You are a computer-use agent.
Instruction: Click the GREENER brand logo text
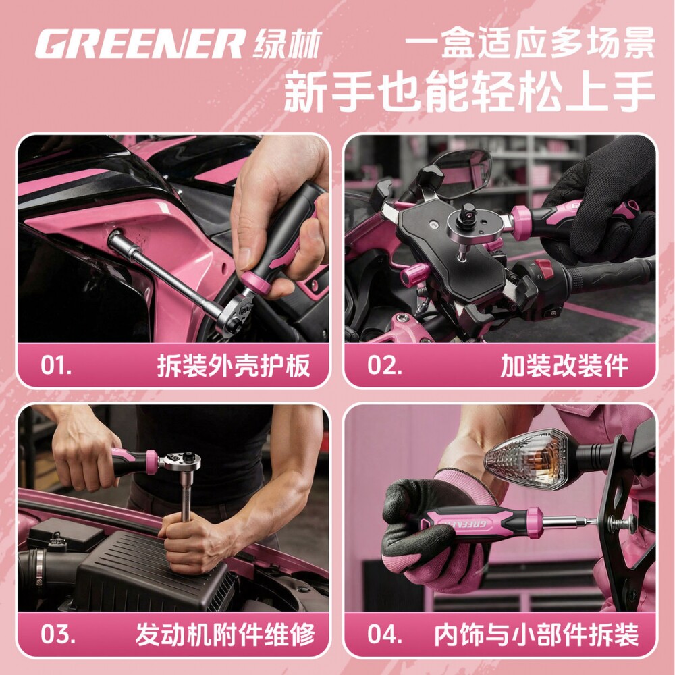(x=140, y=44)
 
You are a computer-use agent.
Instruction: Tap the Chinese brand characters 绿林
(x=288, y=44)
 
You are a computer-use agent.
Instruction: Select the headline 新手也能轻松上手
(x=470, y=92)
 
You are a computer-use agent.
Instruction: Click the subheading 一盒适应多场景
(x=531, y=43)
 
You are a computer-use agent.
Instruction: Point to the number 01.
(x=56, y=365)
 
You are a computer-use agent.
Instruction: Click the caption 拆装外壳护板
(x=234, y=366)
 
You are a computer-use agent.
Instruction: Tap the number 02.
(x=385, y=365)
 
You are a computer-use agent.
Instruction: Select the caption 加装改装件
(x=564, y=366)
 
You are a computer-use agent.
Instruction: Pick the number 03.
(x=57, y=634)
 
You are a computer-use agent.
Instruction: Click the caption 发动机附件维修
(x=225, y=634)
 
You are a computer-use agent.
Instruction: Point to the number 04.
(x=385, y=634)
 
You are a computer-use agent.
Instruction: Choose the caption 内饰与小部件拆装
(x=536, y=634)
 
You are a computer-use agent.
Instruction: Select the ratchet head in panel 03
(x=182, y=461)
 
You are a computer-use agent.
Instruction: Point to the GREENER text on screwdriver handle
(x=464, y=522)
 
